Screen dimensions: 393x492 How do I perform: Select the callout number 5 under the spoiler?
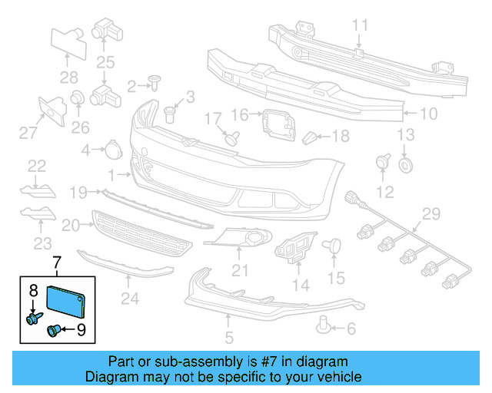coord(228,335)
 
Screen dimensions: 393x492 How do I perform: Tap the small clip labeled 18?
coord(309,138)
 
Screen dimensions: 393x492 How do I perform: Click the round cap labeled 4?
coord(111,149)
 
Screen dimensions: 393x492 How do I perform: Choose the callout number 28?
coord(69,77)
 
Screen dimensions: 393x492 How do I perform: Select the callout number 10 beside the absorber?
coord(427,114)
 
